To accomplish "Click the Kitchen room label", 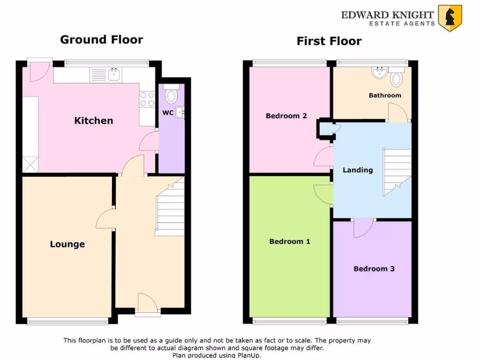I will coord(94,120).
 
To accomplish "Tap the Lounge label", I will coord(67,244).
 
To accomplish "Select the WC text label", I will coord(168,112).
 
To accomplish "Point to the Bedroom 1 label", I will coord(290,241).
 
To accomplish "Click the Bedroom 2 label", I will coord(286,116).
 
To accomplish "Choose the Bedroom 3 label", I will coord(374,269).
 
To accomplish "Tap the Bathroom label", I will coord(385,95).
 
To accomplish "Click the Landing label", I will coord(358,170).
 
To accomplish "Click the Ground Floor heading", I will coord(101,40).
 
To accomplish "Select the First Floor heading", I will coord(329,41).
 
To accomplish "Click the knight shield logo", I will coord(450,18).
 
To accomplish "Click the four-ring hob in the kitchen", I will coord(147,98).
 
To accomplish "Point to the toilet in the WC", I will coord(172,94).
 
